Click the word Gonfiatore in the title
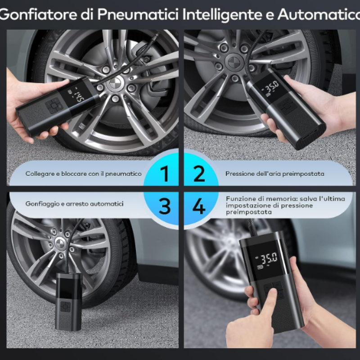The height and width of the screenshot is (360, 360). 39,14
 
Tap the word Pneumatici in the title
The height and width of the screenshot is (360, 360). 138,14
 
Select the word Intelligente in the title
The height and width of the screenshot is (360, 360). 222,15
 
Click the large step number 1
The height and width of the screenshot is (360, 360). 164,173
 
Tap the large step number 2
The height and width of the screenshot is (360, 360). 199,173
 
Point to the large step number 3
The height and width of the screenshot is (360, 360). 165,206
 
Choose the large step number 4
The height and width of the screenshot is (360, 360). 199,206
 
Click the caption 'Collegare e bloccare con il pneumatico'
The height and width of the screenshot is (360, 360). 83,174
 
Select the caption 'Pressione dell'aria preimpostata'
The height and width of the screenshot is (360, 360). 275,174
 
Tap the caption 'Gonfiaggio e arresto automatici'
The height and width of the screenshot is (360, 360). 74,204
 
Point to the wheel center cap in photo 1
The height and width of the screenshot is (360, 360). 115,83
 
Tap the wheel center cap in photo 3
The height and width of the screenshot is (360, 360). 60,243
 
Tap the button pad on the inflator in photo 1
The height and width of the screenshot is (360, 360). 54,106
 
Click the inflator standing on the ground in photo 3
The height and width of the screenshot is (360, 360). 69,301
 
